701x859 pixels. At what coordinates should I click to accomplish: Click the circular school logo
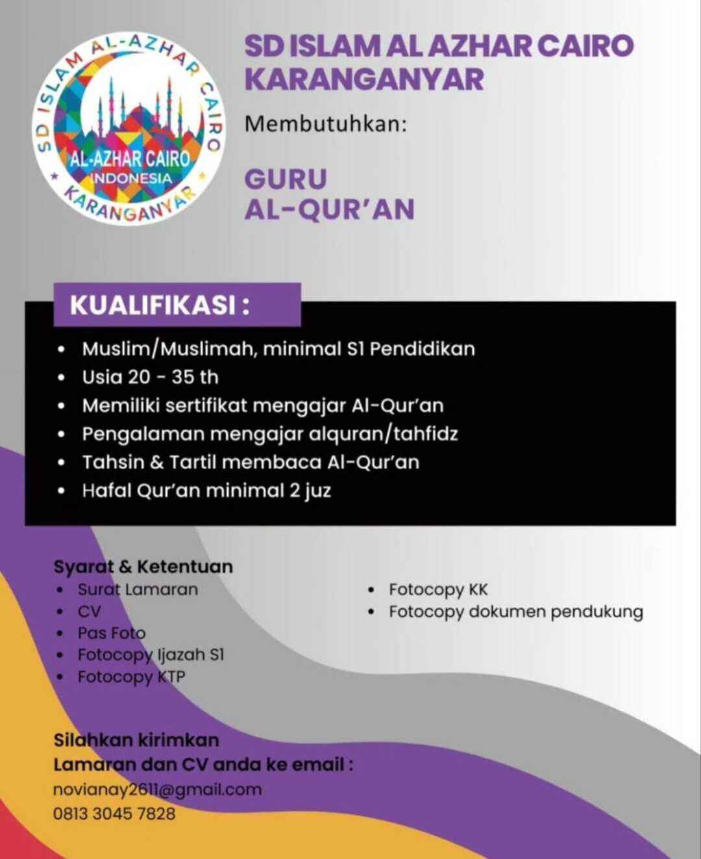(129, 128)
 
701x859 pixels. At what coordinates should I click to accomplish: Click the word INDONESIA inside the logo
(130, 178)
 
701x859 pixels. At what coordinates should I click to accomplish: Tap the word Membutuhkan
(325, 123)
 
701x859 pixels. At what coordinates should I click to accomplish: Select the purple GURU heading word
(286, 179)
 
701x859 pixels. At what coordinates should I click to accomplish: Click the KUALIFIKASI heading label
(160, 305)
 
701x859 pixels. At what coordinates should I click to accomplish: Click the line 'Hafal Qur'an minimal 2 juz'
(206, 490)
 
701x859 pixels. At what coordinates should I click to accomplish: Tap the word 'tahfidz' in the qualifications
(425, 433)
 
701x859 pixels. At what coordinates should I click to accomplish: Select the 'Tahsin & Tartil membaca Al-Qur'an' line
(251, 462)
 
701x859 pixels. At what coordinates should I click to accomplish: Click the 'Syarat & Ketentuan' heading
(143, 567)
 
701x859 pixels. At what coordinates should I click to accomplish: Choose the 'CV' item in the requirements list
(89, 611)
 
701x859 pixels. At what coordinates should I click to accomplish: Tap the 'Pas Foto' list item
(112, 633)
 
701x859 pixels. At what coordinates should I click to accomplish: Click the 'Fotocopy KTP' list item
(131, 676)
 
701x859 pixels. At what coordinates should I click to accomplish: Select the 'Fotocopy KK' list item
(438, 589)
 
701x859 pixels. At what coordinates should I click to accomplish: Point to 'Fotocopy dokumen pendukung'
(516, 611)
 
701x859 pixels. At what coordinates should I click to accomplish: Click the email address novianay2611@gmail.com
(157, 789)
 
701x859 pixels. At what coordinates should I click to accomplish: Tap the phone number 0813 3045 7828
(114, 814)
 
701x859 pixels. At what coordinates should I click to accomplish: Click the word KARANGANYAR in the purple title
(364, 79)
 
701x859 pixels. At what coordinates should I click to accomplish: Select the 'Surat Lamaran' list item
(138, 589)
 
